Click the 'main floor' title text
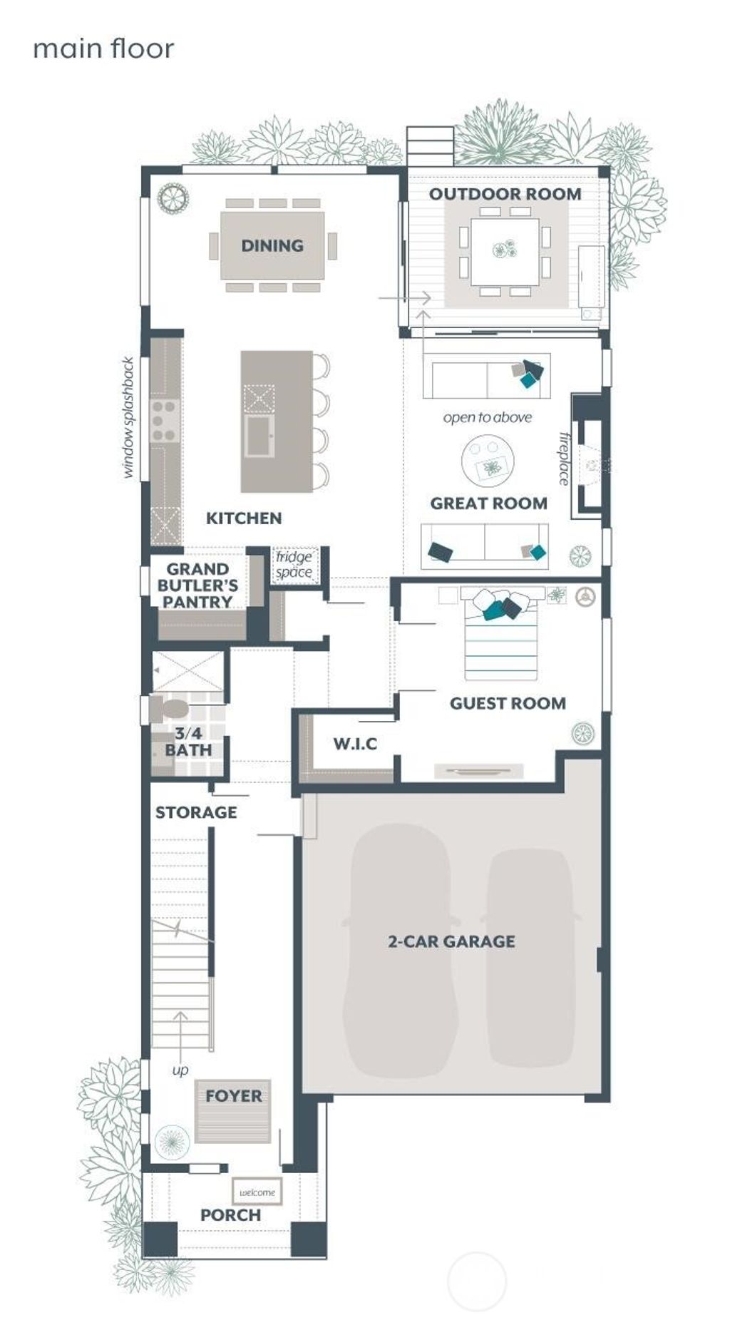coord(103,48)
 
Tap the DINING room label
coord(272,245)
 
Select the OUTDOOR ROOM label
coord(505,194)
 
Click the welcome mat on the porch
coord(257,1192)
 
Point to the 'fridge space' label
coord(294,564)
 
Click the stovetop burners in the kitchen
coord(163,421)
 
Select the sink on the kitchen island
coord(258,436)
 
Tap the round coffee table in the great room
coord(488,461)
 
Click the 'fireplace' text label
coord(564,459)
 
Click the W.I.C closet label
coord(355,744)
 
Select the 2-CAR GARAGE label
coord(451,941)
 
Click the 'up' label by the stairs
coord(180,1070)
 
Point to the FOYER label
coord(233,1095)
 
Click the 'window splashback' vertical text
coord(128,417)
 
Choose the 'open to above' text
coord(488,417)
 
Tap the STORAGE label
coord(196,812)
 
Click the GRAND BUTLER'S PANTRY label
coord(197,585)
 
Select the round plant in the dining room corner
coord(173,198)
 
